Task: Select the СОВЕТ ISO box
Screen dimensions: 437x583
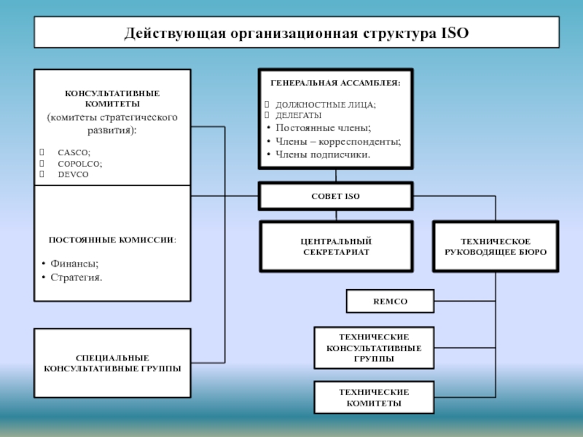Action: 336,197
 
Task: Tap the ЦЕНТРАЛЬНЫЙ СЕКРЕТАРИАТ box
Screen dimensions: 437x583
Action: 336,246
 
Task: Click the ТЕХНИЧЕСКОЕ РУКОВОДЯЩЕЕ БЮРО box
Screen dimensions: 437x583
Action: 496,246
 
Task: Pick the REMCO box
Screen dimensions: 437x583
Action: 390,301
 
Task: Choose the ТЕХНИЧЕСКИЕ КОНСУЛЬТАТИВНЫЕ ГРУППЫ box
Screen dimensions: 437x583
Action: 374,348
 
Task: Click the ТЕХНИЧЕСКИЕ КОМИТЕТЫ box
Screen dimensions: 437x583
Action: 374,398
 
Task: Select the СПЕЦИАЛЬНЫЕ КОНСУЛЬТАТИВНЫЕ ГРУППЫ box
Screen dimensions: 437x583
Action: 112,363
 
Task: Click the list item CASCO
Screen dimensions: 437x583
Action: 74,152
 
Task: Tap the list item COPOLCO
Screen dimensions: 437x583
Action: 79,164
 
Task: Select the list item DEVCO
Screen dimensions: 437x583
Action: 74,175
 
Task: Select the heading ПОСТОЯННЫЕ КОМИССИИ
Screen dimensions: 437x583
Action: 112,240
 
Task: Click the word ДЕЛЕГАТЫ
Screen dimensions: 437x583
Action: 298,115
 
